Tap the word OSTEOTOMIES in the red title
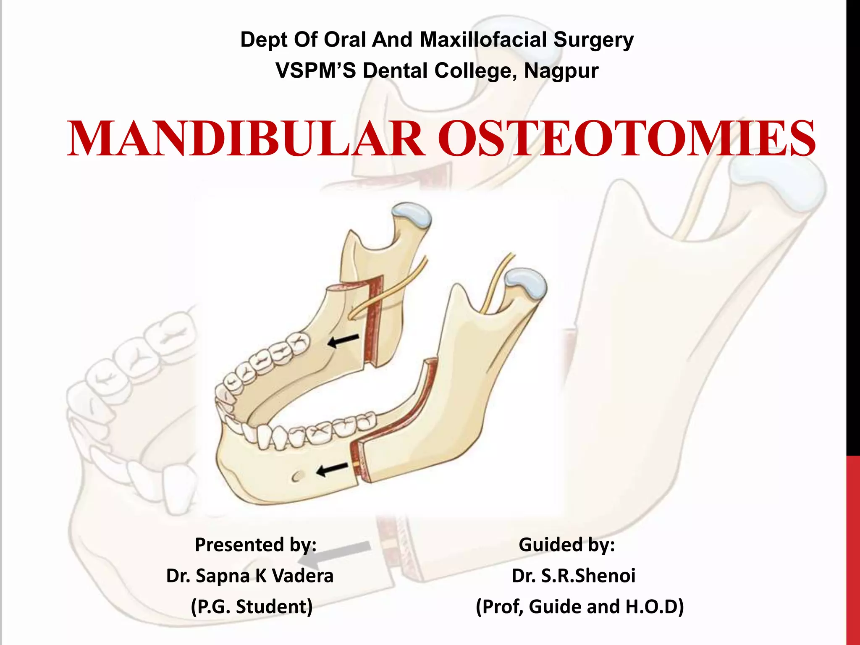pos(627,139)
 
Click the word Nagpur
pos(561,71)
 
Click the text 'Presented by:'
pos(256,545)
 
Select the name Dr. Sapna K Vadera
pos(250,575)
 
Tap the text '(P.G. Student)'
pos(252,606)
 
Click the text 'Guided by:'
pos(567,545)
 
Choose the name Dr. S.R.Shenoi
pos(573,575)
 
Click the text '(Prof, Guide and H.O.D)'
pos(580,606)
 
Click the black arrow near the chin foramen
pos(332,469)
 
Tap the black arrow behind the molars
pos(343,341)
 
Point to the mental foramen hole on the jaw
pos(297,476)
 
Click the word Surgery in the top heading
pos(593,40)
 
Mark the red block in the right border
pos(853,550)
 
